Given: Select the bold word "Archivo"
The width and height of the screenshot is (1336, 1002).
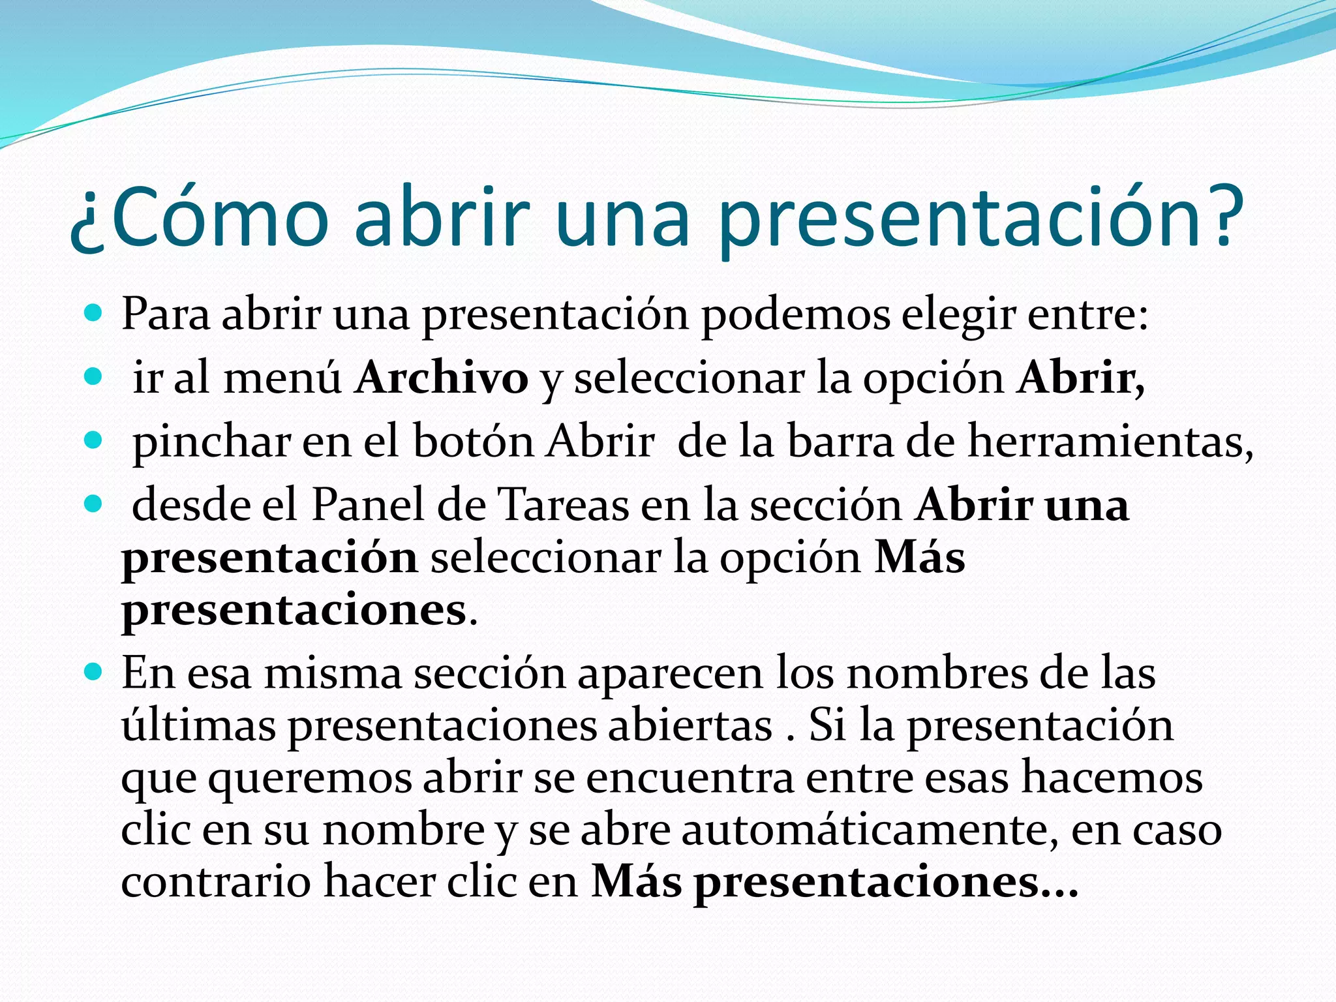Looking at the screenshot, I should click(x=442, y=378).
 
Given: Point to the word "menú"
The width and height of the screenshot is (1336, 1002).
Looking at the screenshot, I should click(x=282, y=378).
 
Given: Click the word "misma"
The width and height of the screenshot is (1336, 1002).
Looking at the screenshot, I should click(x=333, y=673).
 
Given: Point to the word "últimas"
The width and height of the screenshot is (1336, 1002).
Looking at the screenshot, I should click(x=198, y=725).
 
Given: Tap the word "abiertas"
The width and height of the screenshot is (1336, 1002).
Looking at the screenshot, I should click(x=690, y=725).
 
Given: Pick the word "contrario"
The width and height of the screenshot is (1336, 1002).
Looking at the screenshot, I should click(x=215, y=881).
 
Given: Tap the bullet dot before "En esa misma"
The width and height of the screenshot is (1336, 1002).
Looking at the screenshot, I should click(x=94, y=671).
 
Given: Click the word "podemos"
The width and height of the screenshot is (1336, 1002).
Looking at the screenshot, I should click(x=795, y=315).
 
